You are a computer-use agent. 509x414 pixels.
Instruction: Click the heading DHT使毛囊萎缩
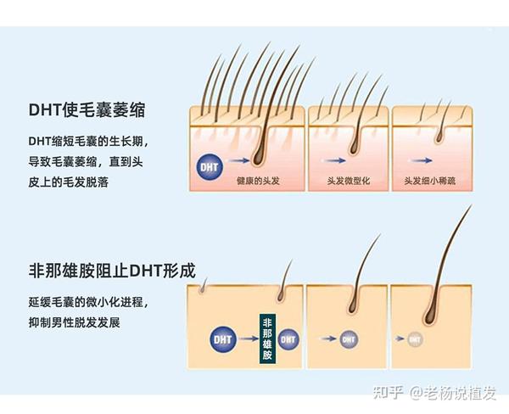[x=87, y=109]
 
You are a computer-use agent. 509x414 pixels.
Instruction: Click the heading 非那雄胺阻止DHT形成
[x=112, y=271]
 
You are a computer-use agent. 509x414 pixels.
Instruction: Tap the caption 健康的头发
[x=258, y=181]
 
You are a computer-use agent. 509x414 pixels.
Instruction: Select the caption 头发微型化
[x=349, y=181]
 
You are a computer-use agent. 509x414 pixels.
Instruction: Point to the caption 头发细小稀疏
[x=430, y=181]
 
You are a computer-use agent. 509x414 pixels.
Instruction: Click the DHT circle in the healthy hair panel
[x=210, y=167]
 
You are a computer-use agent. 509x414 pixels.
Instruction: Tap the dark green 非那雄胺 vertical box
[x=267, y=338]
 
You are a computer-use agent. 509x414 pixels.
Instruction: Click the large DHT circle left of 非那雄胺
[x=222, y=339]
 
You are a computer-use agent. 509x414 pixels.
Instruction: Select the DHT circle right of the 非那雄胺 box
[x=288, y=339]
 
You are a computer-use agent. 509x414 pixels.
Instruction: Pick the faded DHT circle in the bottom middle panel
[x=349, y=339]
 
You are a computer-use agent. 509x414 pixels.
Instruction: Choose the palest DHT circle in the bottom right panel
[x=415, y=339]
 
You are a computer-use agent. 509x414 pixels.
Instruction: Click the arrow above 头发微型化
[x=333, y=160]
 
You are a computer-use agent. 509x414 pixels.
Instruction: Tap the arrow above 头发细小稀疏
[x=421, y=160]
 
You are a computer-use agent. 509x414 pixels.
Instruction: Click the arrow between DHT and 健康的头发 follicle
[x=239, y=160]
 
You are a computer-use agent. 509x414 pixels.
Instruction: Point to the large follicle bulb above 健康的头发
[x=259, y=156]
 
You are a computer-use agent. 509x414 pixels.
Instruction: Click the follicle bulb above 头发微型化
[x=354, y=148]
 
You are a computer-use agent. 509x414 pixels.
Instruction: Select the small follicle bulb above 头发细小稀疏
[x=439, y=138]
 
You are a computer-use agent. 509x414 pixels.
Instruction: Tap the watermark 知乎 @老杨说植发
[x=434, y=393]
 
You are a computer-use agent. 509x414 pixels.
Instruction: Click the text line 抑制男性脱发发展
[x=75, y=322]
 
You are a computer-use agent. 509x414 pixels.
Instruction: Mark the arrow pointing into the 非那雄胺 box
[x=249, y=339]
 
